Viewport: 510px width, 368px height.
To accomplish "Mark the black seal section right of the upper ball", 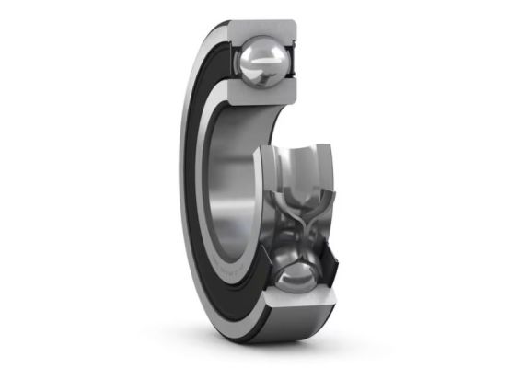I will click(x=297, y=64).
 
